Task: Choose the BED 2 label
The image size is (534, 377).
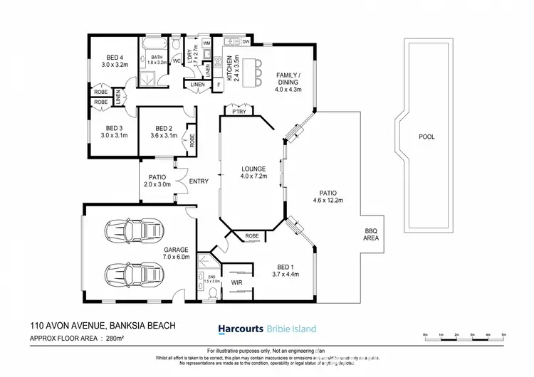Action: click(163, 127)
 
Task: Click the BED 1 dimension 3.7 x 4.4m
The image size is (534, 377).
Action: click(286, 273)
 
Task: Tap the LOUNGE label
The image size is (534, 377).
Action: click(253, 168)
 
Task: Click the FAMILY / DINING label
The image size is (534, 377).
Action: click(289, 78)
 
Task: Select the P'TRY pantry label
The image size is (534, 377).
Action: click(234, 112)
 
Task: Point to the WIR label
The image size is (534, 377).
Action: click(236, 282)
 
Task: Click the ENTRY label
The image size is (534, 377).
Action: click(199, 181)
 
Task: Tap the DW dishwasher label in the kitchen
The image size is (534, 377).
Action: click(245, 42)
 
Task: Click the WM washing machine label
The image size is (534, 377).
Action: click(206, 44)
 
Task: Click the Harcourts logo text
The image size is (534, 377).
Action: click(240, 329)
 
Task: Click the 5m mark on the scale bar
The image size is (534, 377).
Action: click(503, 334)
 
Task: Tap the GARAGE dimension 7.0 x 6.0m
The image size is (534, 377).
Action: click(176, 257)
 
